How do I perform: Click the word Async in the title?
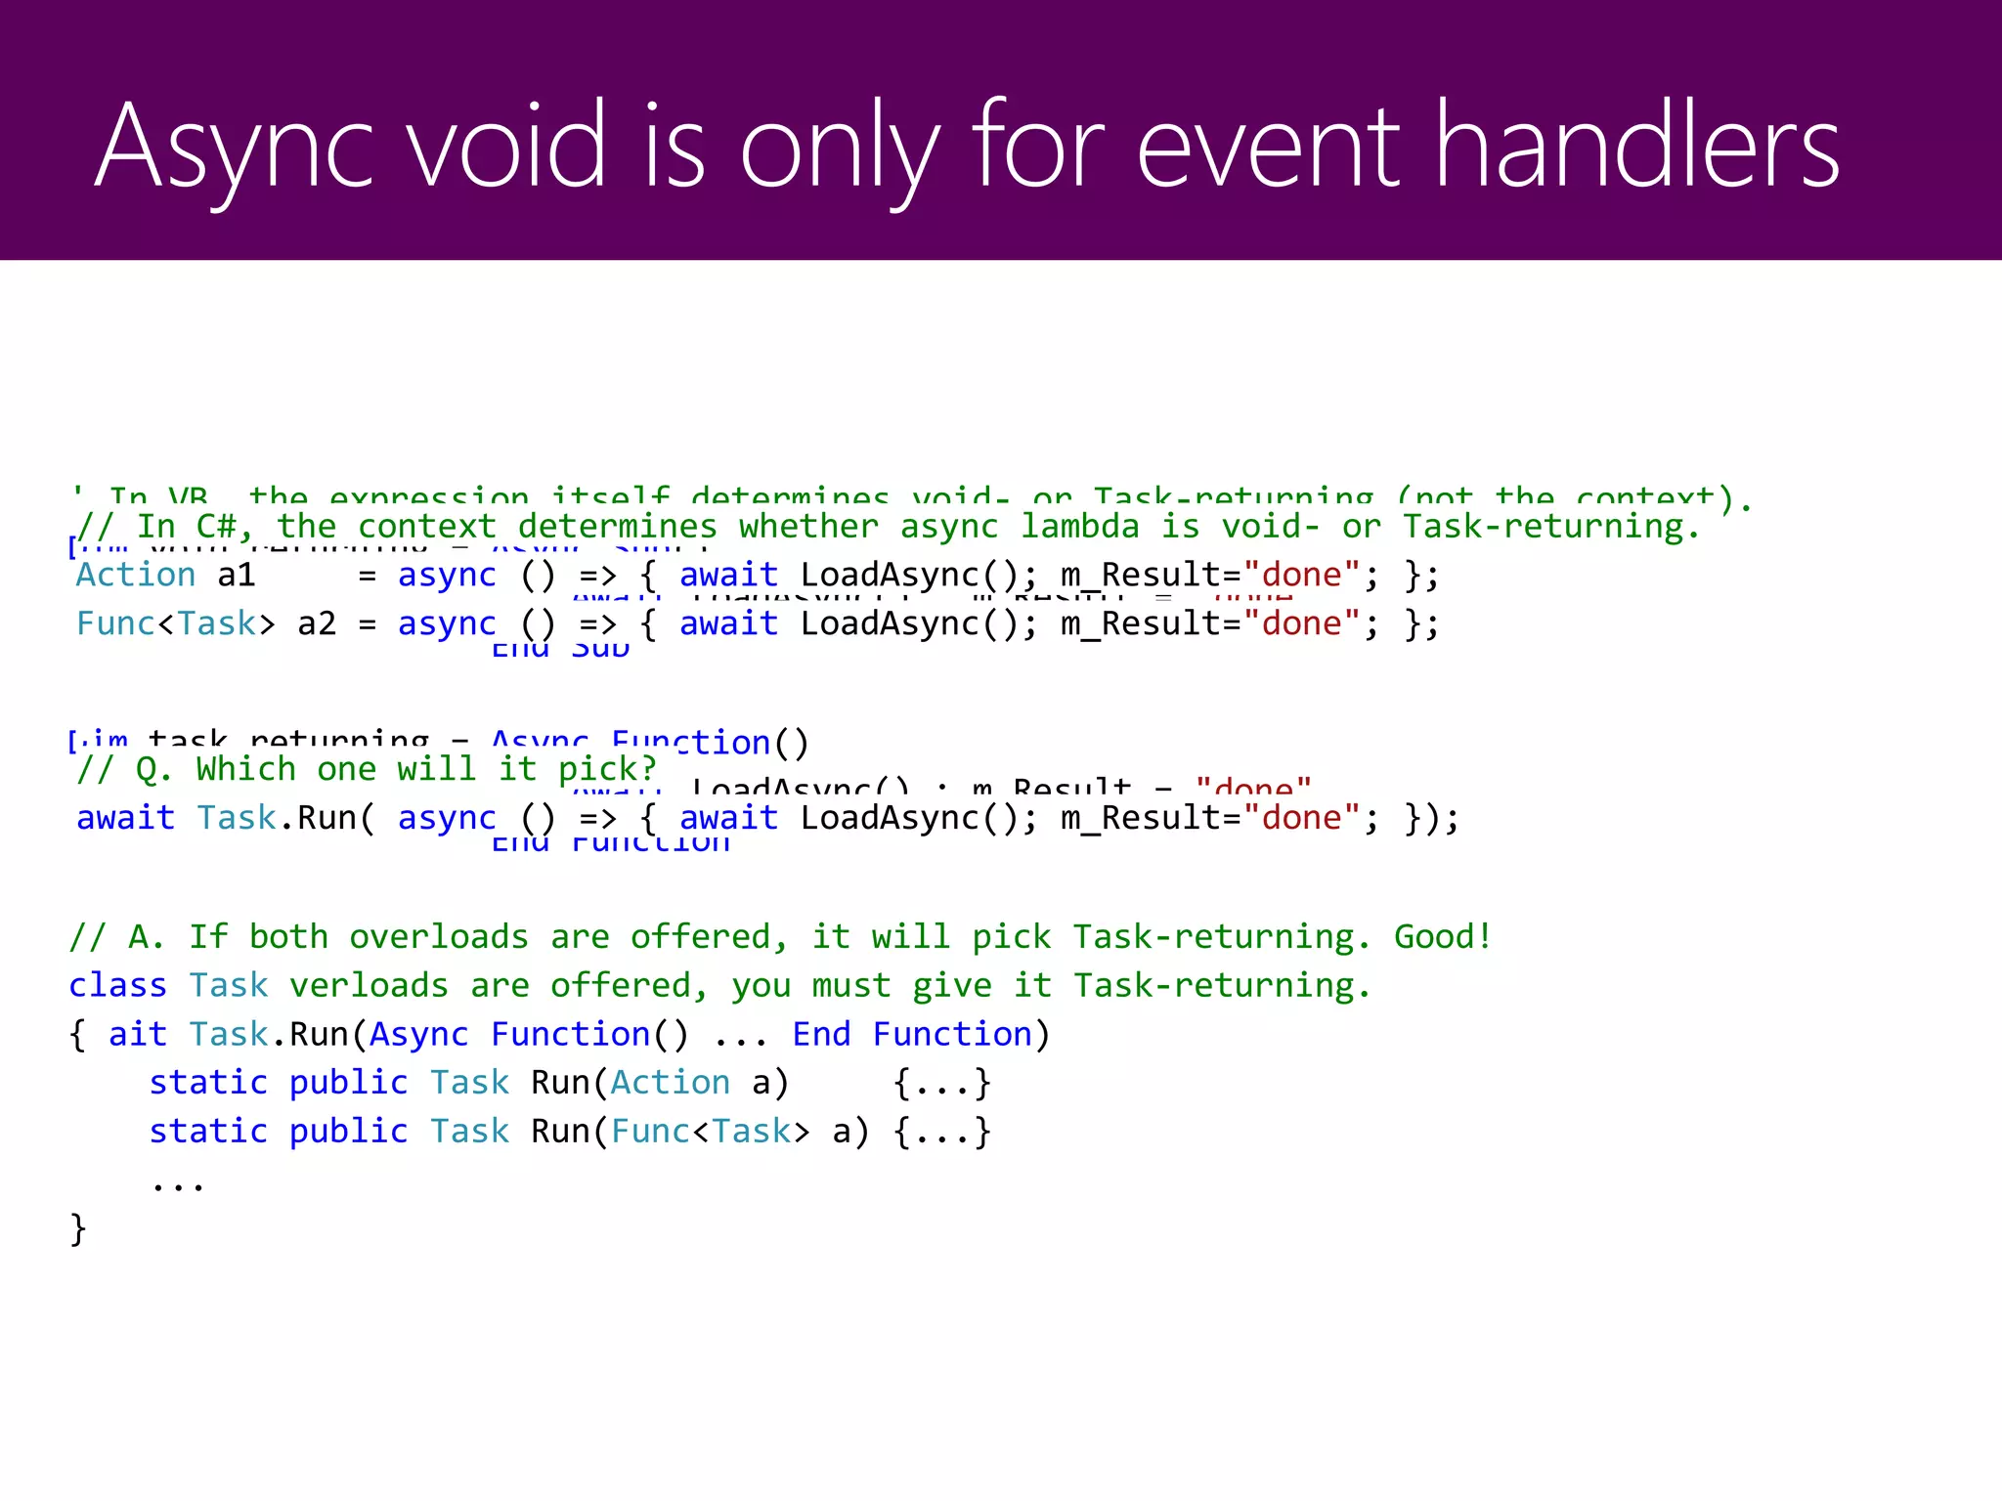point(235,147)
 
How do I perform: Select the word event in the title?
point(1270,147)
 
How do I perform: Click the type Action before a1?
point(136,576)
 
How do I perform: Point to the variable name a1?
point(236,576)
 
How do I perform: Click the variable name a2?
point(316,623)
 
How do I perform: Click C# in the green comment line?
point(224,527)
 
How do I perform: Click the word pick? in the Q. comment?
point(607,770)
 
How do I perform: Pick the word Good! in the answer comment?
point(1443,937)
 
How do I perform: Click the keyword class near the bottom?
point(117,985)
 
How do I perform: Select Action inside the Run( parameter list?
point(670,1083)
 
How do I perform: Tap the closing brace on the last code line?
point(78,1228)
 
